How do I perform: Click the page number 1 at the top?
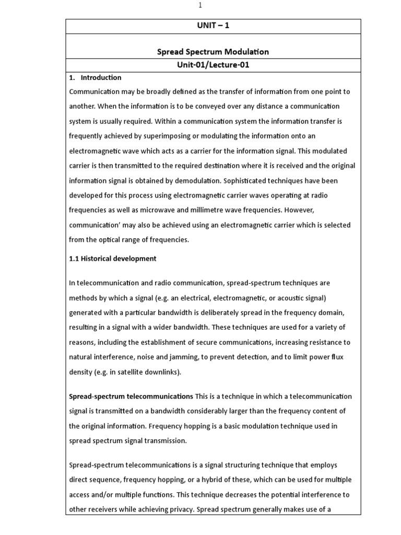(x=199, y=5)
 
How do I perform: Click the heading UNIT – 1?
(x=213, y=26)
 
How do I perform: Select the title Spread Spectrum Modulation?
(x=213, y=52)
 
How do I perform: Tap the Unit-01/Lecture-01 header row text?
(x=213, y=65)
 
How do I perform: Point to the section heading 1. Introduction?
(x=96, y=78)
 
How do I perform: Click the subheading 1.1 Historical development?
(x=113, y=259)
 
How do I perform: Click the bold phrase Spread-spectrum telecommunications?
(x=131, y=397)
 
